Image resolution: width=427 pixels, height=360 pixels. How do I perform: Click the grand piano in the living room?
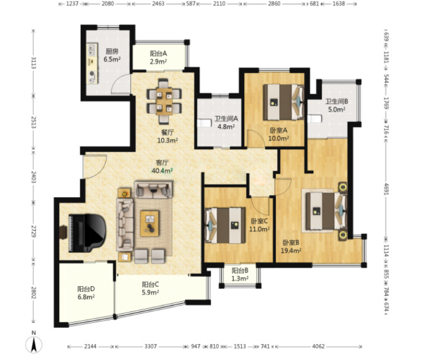[x=87, y=233]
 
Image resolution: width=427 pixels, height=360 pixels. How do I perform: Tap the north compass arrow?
[x=34, y=344]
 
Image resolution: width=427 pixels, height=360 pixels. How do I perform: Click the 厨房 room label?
[x=112, y=51]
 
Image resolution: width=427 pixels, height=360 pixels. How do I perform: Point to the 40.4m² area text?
[x=162, y=171]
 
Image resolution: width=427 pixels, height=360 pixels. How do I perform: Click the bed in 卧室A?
[x=283, y=102]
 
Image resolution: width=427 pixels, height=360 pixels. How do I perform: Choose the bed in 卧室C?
[x=225, y=226]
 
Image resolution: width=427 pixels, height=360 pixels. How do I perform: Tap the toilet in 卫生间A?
[x=204, y=122]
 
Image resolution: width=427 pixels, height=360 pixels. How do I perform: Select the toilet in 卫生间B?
[x=315, y=119]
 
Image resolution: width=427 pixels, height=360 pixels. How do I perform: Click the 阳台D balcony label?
[x=86, y=289]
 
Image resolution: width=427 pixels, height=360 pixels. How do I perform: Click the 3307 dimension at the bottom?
[x=150, y=347]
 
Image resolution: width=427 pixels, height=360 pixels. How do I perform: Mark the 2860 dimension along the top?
[x=274, y=4]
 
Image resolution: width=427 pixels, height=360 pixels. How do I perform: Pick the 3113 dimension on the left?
[x=34, y=63]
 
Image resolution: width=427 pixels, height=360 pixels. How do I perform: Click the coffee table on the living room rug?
[x=150, y=224]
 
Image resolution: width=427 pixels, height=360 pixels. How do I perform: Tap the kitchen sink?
[x=92, y=49]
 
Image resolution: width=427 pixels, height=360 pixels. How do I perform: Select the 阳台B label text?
[x=240, y=271]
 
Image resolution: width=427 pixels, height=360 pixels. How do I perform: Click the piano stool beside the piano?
[x=63, y=232]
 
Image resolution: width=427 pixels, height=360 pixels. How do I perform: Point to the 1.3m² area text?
[x=240, y=279]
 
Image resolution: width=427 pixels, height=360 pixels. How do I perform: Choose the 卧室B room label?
[x=291, y=242]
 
